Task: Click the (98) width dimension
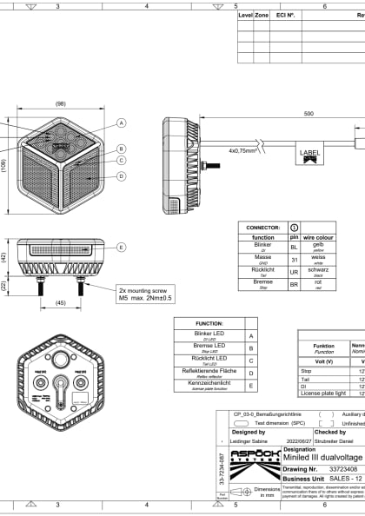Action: pyautogui.click(x=60, y=103)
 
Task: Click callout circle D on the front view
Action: pyautogui.click(x=121, y=176)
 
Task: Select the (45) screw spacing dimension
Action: pyautogui.click(x=60, y=303)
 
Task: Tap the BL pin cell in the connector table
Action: pyautogui.click(x=294, y=248)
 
